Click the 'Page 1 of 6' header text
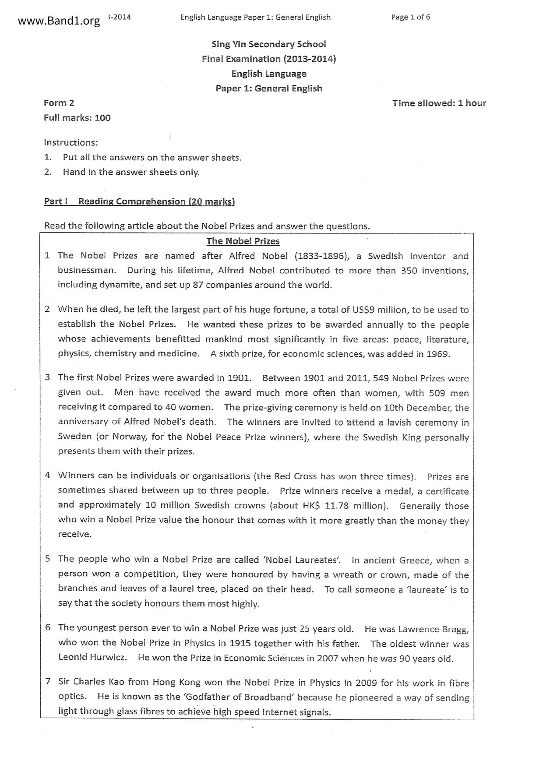tap(410, 17)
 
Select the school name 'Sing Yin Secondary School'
tap(268, 44)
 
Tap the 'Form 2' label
tap(59, 103)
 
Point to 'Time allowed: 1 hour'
tap(439, 103)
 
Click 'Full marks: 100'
tap(77, 118)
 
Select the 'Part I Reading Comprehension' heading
tap(139, 201)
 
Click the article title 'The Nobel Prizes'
tap(243, 241)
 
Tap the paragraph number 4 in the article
tap(48, 475)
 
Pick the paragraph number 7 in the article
tap(48, 681)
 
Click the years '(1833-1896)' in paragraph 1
tap(324, 256)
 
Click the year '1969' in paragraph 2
tap(438, 354)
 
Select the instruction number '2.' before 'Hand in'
tap(48, 172)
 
